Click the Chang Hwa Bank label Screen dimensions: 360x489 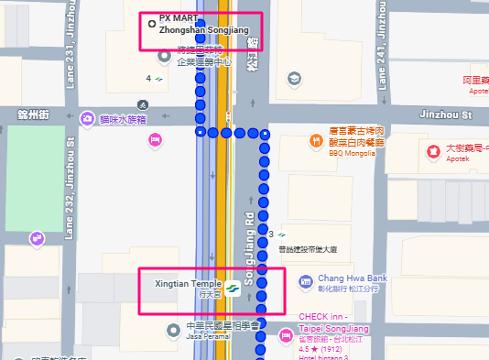click(x=353, y=278)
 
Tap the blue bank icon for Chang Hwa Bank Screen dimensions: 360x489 click(x=305, y=283)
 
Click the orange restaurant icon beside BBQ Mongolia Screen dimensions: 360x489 click(x=310, y=141)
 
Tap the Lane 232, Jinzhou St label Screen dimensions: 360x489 click(x=71, y=188)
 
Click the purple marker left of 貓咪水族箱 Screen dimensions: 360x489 click(x=86, y=117)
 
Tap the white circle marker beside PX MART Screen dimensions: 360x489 click(x=151, y=24)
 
